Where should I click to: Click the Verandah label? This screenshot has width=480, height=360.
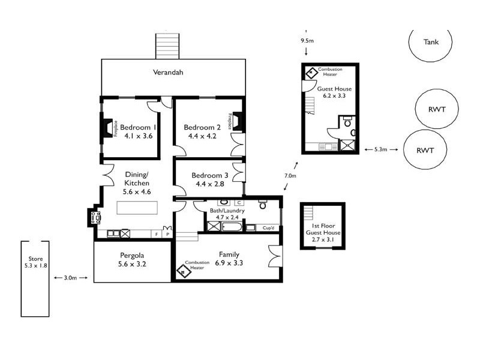167,73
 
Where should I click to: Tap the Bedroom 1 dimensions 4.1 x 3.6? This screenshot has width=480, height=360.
139,136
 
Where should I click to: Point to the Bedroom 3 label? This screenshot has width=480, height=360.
210,175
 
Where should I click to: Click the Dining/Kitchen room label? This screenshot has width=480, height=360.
137,178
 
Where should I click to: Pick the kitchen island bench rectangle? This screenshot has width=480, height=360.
137,208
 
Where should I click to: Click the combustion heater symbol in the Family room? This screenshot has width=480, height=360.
182,271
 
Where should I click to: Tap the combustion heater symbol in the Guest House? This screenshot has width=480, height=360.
312,73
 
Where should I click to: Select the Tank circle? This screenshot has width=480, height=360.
431,42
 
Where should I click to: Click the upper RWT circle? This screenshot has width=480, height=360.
437,109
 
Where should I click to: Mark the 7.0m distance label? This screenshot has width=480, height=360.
290,176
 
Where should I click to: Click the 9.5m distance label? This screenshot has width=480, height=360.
307,41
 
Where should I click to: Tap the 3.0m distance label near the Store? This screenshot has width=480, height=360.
70,278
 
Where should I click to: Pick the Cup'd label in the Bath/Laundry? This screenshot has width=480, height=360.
268,227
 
